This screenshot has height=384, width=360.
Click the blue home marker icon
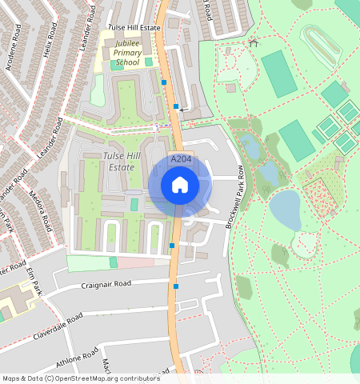pos(180,185)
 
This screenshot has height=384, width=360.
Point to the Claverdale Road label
pos(58,328)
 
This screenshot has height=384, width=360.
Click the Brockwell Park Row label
pos(234,197)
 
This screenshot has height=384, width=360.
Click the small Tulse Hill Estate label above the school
pos(134,26)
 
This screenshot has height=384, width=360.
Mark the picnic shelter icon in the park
pos(254,42)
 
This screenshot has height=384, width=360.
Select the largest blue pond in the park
pos(286,210)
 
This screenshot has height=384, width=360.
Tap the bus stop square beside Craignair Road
pos(176,286)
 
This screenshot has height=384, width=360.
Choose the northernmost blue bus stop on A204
pos(164,82)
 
